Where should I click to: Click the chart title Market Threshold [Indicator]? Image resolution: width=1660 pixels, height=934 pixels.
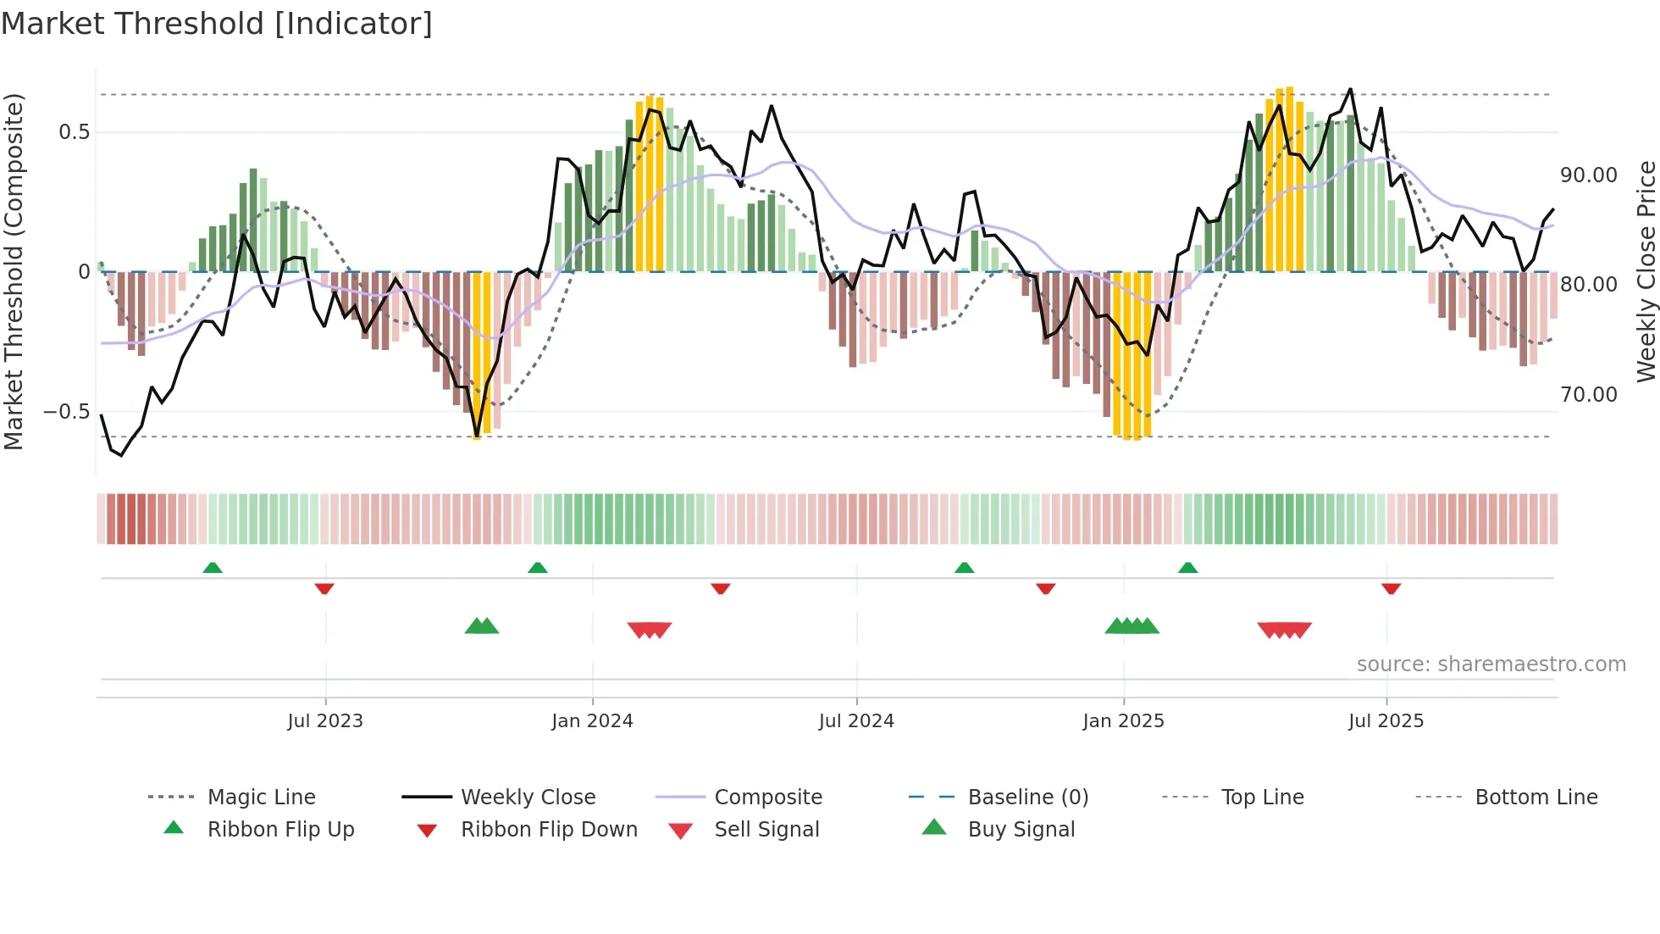pos(217,24)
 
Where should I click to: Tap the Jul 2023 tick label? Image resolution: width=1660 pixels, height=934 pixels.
pos(325,721)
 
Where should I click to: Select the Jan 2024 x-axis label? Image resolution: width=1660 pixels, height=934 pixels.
pos(592,721)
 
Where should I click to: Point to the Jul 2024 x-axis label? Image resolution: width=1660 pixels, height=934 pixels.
pos(856,721)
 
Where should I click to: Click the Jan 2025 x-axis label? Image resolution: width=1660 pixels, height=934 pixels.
pos(1123,721)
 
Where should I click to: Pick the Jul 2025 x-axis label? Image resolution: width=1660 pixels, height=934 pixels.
pos(1386,721)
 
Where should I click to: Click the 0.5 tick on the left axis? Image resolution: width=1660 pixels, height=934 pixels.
pos(75,132)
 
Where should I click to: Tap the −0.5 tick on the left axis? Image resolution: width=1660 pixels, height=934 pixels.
pos(67,412)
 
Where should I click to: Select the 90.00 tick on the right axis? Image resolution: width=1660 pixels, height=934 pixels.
pos(1589,175)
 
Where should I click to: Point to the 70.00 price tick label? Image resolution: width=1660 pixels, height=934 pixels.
pos(1589,395)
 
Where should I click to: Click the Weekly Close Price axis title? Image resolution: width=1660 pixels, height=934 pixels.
pos(1646,271)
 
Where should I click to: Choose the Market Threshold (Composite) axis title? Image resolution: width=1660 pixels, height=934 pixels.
pos(14,271)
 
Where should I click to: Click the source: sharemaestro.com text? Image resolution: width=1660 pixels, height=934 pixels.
pos(1491,664)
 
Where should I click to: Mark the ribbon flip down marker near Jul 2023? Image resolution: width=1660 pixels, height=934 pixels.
pos(324,588)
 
